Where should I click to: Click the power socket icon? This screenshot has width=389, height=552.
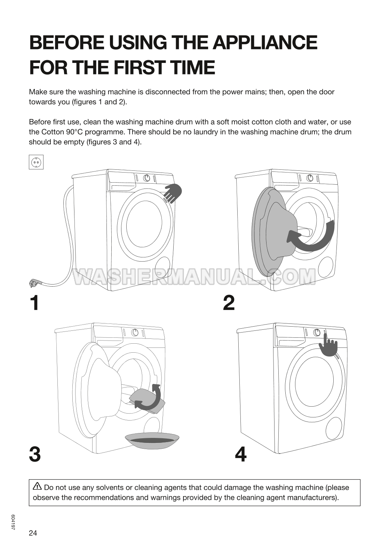pyautogui.click(x=36, y=162)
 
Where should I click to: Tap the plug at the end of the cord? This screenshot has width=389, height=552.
pyautogui.click(x=34, y=283)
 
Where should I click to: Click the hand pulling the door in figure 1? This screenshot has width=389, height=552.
pyautogui.click(x=173, y=193)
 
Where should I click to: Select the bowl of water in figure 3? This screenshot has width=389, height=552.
pyautogui.click(x=152, y=440)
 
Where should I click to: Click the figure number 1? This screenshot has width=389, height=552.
pyautogui.click(x=34, y=303)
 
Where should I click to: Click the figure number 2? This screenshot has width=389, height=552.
pyautogui.click(x=229, y=303)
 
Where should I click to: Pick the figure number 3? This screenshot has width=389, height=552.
pyautogui.click(x=35, y=455)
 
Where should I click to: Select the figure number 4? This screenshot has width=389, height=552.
pyautogui.click(x=241, y=455)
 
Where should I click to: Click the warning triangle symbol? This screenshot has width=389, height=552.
pyautogui.click(x=37, y=487)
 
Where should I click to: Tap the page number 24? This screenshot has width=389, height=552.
pyautogui.click(x=33, y=533)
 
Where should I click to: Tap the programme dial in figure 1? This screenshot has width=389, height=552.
pyautogui.click(x=147, y=178)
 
